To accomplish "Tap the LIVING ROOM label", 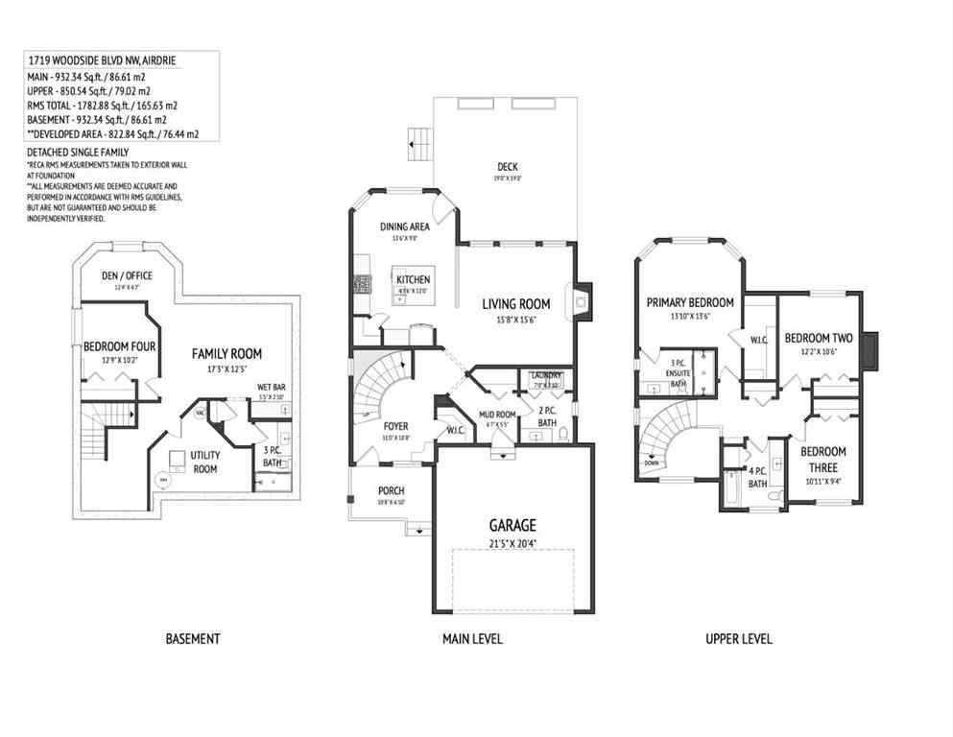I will click(x=520, y=304).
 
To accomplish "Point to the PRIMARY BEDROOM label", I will click(x=689, y=302).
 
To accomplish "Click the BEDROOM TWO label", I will click(x=819, y=338).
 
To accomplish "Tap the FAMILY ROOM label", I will click(x=226, y=353).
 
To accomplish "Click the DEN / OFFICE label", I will click(x=127, y=275).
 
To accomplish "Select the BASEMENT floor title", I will click(x=193, y=638).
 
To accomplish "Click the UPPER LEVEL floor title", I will click(x=738, y=638).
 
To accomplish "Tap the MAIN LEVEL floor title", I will click(x=472, y=638).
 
